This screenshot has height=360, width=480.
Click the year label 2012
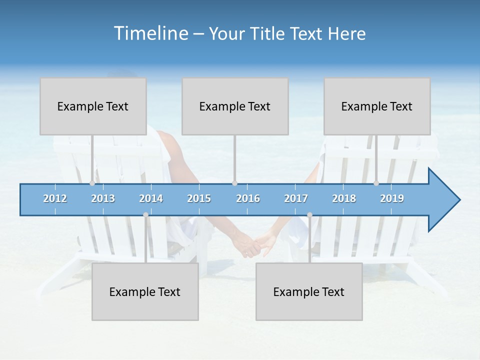point(55,198)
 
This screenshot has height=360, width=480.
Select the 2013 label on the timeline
point(103,198)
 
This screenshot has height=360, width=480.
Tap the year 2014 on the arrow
point(151,198)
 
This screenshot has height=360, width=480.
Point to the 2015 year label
point(199,198)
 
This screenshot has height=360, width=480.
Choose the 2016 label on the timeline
point(248,198)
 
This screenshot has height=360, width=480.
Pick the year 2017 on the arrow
point(296,198)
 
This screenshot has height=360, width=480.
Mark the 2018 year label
point(344,198)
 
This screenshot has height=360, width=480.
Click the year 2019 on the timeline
point(392,198)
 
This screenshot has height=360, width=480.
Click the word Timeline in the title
point(150,33)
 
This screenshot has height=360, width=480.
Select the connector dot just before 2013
point(92,183)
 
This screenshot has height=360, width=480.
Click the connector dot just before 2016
point(234,183)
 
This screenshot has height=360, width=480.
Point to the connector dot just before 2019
point(376,183)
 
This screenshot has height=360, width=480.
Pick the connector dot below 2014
point(145,215)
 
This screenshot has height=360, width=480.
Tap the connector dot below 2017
point(309,215)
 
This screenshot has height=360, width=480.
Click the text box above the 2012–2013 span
point(93,106)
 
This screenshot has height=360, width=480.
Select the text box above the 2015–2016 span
point(235,106)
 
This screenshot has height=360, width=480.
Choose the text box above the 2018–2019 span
point(377,106)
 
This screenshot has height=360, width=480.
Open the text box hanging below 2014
point(145,292)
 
